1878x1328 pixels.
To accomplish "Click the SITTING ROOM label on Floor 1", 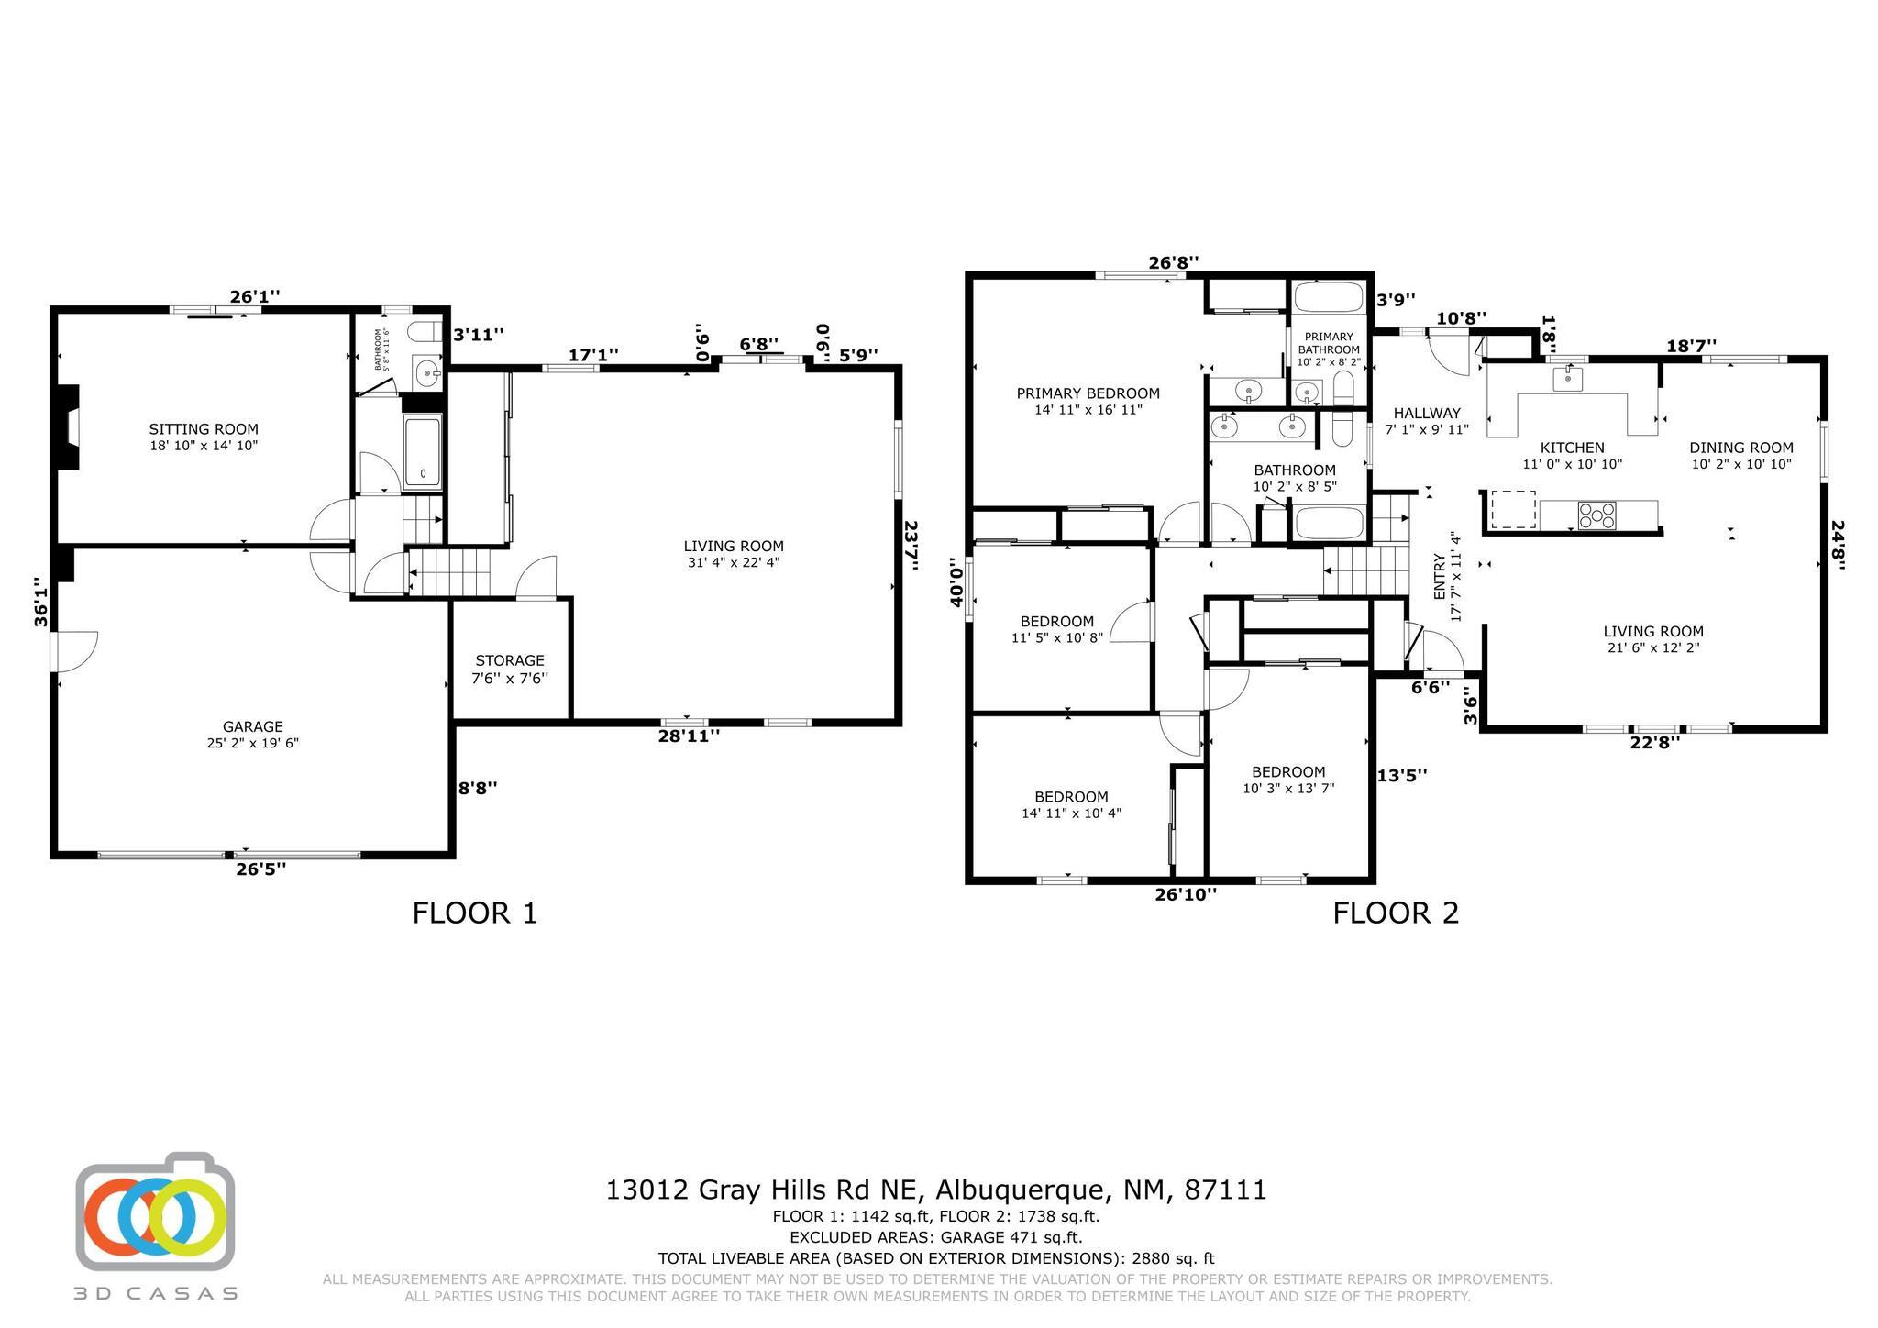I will (x=204, y=429).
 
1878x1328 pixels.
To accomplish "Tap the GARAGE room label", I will (x=252, y=726).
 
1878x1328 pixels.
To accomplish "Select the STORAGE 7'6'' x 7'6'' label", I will (x=510, y=669).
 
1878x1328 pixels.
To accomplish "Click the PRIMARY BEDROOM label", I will (x=1088, y=393).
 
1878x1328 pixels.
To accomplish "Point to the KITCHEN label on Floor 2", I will (x=1572, y=448).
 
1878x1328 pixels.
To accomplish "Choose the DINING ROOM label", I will (x=1740, y=448).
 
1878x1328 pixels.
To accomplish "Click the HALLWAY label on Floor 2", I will (x=1426, y=414).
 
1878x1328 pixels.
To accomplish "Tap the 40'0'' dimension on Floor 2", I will (x=957, y=581).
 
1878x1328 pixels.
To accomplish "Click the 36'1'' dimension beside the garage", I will (x=40, y=602).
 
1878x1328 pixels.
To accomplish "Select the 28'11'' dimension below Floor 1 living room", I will (x=689, y=736).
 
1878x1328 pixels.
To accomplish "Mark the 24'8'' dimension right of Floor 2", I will (x=1837, y=545).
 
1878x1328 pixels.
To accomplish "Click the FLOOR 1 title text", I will (x=474, y=913).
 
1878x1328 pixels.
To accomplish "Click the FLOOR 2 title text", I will (x=1395, y=913).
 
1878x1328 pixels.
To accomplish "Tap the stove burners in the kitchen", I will (x=1596, y=515).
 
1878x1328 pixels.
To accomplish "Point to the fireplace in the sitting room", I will (x=70, y=427).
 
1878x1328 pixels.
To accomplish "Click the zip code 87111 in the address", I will (x=1225, y=1190).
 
